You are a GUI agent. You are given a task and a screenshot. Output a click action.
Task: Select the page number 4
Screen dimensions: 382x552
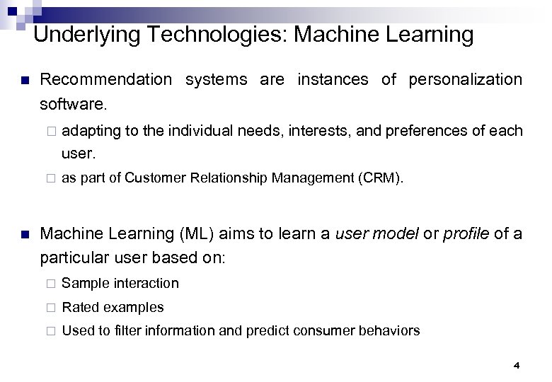tap(516, 366)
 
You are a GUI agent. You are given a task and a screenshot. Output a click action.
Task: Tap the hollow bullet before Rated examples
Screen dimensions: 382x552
tap(51, 308)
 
